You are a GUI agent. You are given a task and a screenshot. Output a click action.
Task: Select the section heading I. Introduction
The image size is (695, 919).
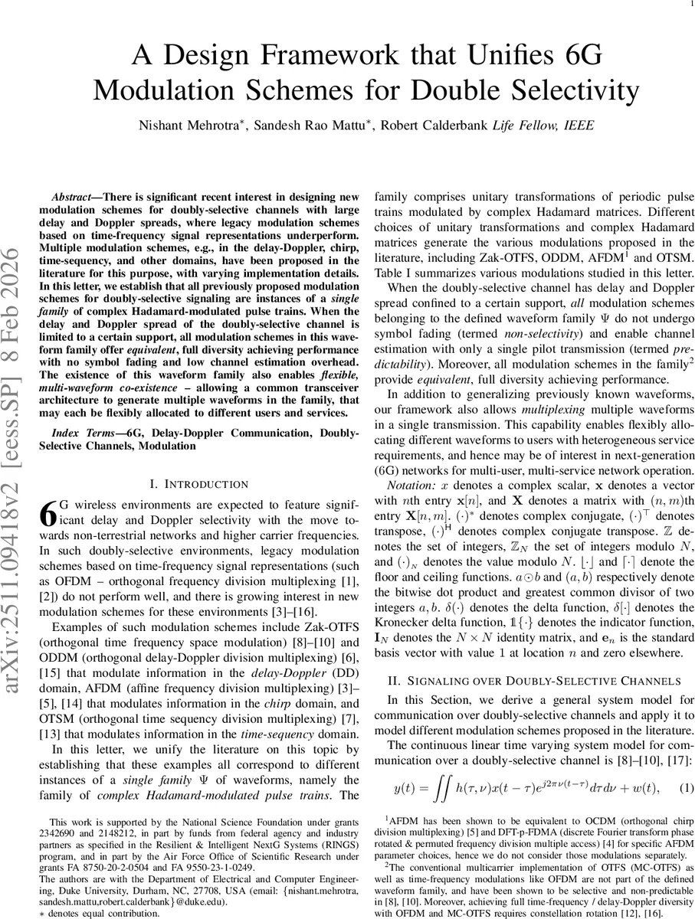pyautogui.click(x=198, y=484)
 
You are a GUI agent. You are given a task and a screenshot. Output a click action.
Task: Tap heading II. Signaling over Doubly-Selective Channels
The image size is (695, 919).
pyautogui.click(x=533, y=680)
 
